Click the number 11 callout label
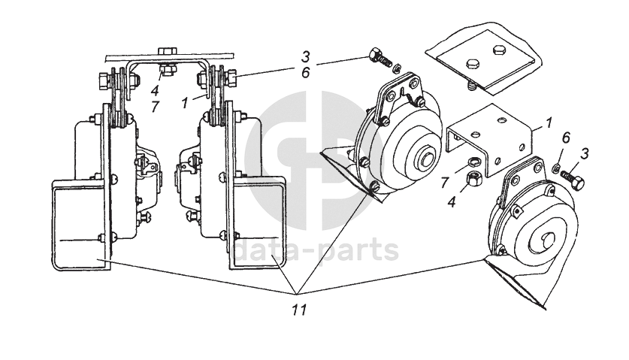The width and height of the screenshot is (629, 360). click(x=298, y=308)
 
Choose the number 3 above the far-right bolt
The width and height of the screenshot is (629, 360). click(x=585, y=153)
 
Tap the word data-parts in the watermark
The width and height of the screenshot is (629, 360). click(x=316, y=250)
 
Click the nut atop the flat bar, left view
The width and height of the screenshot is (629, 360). click(x=168, y=52)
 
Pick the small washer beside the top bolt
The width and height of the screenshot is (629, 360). click(x=398, y=66)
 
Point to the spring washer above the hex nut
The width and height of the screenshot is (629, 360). click(x=473, y=163)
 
